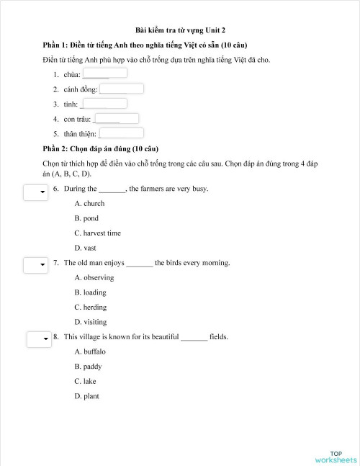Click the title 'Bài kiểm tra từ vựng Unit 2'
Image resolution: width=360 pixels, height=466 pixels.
coord(180,30)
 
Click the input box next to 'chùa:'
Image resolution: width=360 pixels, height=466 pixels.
coord(105,73)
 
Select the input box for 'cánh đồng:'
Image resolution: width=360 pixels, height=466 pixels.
coord(121,89)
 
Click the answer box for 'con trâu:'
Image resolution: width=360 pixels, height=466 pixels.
coord(116,119)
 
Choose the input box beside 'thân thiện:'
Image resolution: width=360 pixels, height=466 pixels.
coord(121,133)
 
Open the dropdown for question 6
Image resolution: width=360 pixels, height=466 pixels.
coord(35,192)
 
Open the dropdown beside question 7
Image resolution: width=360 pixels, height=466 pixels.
coord(35,266)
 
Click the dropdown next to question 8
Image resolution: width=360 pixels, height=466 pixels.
coord(38,339)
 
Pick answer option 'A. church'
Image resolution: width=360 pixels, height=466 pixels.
coord(89,204)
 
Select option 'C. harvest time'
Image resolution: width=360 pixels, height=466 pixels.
coord(97,233)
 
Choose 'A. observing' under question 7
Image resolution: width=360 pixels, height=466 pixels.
coord(94,277)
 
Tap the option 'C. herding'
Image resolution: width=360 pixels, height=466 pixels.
coord(91,307)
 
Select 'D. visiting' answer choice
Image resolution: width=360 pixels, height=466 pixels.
coord(91,322)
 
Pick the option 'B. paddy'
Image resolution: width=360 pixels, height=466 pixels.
coord(88,367)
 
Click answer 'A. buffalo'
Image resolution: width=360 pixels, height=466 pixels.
coord(90,351)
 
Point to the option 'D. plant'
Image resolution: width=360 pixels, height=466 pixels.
coord(86,396)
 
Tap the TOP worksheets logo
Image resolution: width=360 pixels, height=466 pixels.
coord(336,457)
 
